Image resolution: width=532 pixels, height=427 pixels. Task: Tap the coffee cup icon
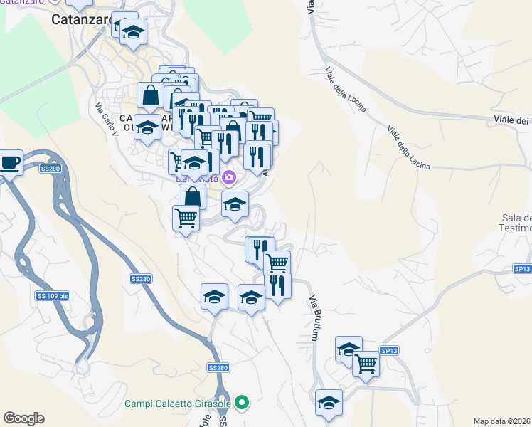tap(10, 162)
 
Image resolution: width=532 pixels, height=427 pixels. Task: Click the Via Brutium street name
tap(312, 318)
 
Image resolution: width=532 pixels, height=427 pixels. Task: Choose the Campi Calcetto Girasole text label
tap(179, 404)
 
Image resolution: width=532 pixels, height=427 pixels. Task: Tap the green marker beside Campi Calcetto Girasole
tap(243, 404)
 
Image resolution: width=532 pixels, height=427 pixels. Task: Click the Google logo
tap(23, 418)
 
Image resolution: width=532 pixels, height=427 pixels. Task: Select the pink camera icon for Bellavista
tap(228, 176)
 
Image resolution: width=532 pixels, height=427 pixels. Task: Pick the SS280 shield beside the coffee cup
tap(50, 169)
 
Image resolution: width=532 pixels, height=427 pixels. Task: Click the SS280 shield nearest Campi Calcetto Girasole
tap(218, 367)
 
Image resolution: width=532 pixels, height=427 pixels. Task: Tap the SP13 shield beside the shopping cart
tap(389, 350)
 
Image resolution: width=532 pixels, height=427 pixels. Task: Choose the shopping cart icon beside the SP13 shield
tap(366, 362)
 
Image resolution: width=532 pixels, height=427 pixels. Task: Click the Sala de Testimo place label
tap(516, 223)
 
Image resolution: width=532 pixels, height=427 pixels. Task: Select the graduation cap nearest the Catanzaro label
tap(132, 31)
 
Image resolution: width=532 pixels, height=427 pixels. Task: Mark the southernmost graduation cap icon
tap(329, 401)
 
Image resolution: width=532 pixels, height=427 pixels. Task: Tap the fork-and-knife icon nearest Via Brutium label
tap(277, 285)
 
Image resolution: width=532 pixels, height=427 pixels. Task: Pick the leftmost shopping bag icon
tap(151, 94)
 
